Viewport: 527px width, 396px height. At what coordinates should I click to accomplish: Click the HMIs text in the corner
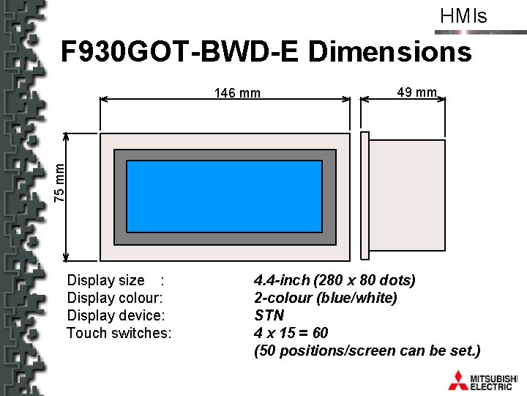click(463, 16)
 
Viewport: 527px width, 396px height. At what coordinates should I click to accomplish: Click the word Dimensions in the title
click(390, 51)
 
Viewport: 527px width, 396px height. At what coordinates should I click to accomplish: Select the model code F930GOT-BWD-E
click(179, 51)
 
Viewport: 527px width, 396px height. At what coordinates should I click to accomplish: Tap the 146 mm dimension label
click(237, 92)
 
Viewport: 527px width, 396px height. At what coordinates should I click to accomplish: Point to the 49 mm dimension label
click(416, 92)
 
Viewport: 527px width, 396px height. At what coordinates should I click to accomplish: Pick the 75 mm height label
click(59, 183)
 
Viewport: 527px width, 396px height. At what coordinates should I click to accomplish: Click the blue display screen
click(225, 197)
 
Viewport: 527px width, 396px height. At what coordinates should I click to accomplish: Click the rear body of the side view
click(408, 195)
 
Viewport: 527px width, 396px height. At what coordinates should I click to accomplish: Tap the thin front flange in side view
click(365, 196)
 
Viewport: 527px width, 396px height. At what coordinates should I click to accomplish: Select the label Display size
click(106, 280)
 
